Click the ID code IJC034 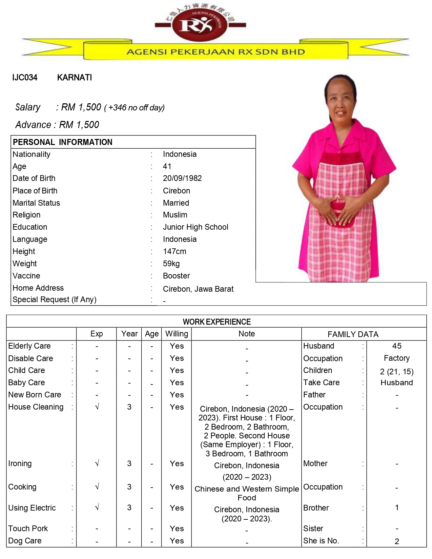click(x=25, y=78)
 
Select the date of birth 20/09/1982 click(x=182, y=178)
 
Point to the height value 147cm click(x=174, y=251)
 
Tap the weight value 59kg click(x=171, y=264)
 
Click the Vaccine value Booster click(x=176, y=276)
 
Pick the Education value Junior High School click(x=196, y=227)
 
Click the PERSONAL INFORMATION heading click(x=63, y=142)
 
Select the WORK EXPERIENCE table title click(x=217, y=322)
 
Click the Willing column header click(x=177, y=334)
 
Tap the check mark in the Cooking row click(x=97, y=487)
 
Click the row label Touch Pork click(x=28, y=529)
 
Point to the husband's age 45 click(x=396, y=346)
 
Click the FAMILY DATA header click(x=353, y=334)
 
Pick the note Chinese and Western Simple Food click(x=247, y=493)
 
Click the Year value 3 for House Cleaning click(x=129, y=407)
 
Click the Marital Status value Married click(x=176, y=203)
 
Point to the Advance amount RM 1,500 click(x=79, y=125)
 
